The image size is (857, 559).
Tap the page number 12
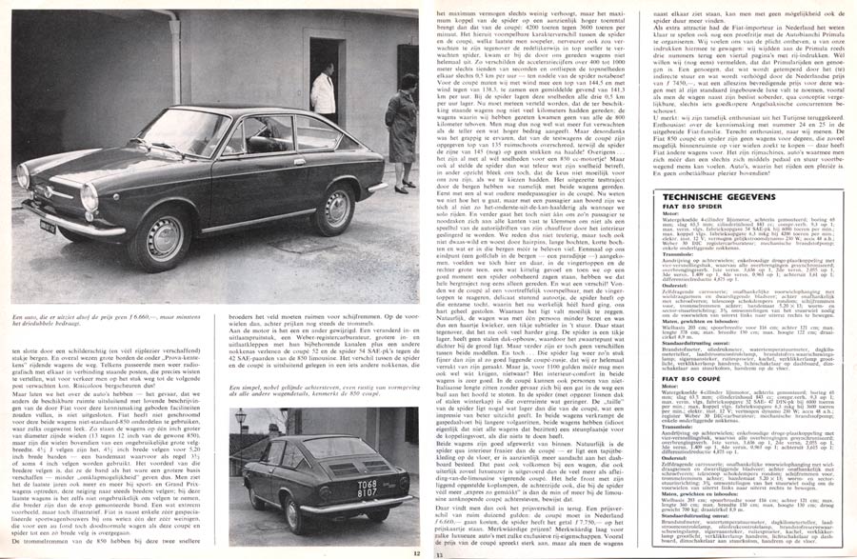click(x=416, y=551)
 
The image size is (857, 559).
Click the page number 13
click(x=439, y=551)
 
